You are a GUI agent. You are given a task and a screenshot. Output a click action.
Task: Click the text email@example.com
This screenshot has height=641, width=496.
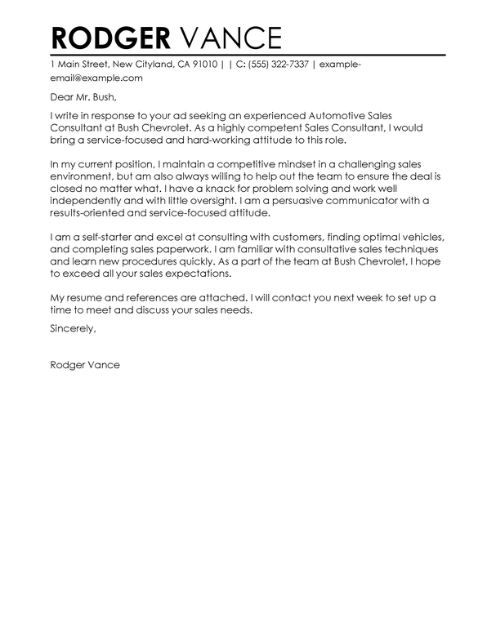click(96, 78)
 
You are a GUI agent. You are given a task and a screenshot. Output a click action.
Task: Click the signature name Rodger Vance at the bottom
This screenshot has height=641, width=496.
click(84, 388)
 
